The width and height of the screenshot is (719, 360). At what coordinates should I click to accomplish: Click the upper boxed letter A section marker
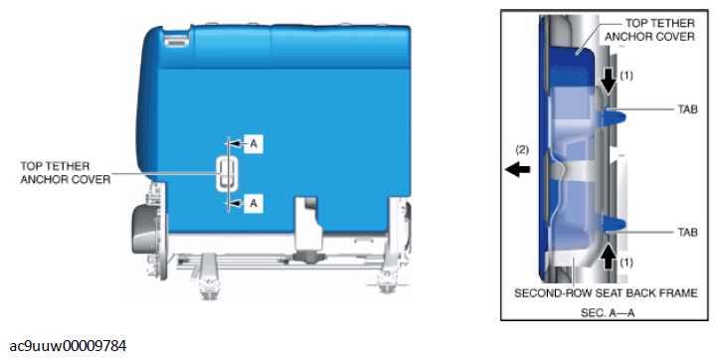254,144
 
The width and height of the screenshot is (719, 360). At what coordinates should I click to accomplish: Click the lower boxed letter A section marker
254,203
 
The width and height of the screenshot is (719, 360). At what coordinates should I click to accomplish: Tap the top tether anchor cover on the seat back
227,173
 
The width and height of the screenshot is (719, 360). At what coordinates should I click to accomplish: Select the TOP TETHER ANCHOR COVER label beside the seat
65,172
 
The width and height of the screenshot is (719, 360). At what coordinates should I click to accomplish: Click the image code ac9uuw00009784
68,346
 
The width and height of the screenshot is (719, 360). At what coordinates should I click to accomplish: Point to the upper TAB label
687,109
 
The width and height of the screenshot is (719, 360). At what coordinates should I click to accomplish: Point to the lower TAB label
687,232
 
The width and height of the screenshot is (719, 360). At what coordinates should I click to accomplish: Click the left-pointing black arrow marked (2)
518,170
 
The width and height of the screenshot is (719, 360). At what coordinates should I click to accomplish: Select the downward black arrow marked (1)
609,83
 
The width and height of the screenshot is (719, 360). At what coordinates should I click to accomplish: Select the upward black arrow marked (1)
609,257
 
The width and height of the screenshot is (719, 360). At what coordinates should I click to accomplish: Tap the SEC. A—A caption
608,313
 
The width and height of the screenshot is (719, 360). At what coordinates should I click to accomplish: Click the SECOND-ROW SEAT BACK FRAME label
606,292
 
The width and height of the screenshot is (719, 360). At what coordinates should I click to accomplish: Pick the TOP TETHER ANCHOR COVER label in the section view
649,30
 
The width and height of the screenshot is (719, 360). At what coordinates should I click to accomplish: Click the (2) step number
522,149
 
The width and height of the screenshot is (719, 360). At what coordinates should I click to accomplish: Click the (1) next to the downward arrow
627,76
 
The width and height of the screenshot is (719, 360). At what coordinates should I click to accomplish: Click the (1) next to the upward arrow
627,263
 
